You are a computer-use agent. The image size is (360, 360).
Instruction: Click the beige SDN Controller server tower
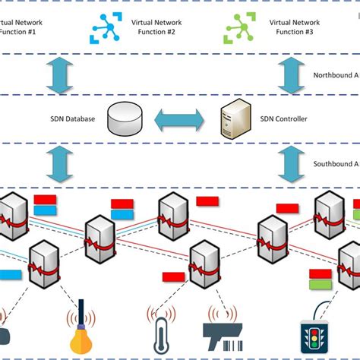tap(232, 118)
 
